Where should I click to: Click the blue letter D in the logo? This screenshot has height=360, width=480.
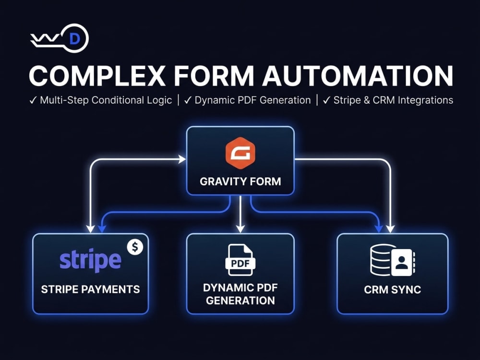click(x=75, y=38)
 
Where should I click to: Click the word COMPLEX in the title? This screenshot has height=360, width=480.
click(x=97, y=76)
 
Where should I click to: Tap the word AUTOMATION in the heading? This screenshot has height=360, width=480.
click(x=358, y=76)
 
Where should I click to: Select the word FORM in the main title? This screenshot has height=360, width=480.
click(x=214, y=76)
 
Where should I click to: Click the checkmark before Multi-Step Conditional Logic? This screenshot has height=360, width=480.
click(x=33, y=100)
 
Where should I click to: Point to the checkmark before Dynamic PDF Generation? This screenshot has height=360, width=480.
click(x=188, y=100)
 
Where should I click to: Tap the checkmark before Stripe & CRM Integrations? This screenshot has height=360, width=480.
click(x=326, y=100)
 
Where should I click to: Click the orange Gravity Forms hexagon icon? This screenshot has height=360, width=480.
click(x=240, y=153)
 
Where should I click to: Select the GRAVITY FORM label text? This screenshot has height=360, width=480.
click(x=240, y=181)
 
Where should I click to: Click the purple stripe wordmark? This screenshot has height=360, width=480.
click(x=90, y=261)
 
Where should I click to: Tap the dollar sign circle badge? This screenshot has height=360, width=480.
click(x=135, y=247)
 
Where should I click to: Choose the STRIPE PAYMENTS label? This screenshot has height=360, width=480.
click(x=90, y=289)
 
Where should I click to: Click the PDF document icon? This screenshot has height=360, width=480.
click(x=240, y=260)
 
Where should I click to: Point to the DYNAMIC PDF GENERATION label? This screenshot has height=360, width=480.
click(x=240, y=294)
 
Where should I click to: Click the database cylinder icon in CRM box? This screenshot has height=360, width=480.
click(x=380, y=260)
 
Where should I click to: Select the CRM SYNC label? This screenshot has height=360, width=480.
click(x=393, y=289)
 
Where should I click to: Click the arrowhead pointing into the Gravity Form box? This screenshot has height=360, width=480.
click(x=182, y=159)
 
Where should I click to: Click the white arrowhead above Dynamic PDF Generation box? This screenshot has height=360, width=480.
click(x=240, y=228)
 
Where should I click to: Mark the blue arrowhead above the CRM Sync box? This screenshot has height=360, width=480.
click(x=379, y=228)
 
